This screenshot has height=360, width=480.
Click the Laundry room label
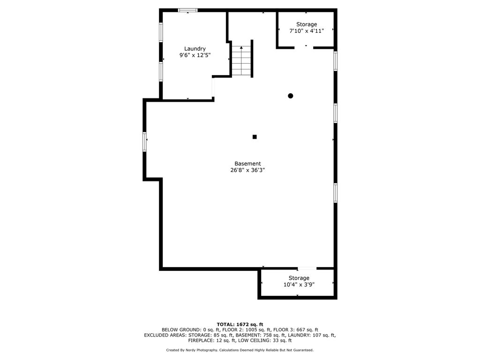click(x=195, y=49)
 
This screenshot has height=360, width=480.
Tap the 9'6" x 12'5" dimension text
click(x=195, y=55)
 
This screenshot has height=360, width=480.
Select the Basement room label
click(x=247, y=164)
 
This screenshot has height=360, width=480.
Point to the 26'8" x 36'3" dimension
click(x=247, y=170)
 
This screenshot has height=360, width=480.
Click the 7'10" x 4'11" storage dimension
click(x=307, y=31)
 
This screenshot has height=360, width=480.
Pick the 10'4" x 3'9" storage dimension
click(x=299, y=285)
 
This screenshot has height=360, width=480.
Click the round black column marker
click(x=291, y=96)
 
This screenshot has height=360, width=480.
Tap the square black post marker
click(x=255, y=137)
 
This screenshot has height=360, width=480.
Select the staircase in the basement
click(x=241, y=61)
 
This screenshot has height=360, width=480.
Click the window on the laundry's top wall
click(x=187, y=10)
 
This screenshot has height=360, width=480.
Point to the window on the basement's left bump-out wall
click(x=144, y=142)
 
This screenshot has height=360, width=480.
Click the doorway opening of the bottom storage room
click(x=307, y=269)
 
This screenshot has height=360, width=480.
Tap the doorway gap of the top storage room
click(x=304, y=48)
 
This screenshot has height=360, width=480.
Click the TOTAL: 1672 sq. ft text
click(x=240, y=324)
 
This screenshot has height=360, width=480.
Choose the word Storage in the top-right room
click(x=307, y=24)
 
